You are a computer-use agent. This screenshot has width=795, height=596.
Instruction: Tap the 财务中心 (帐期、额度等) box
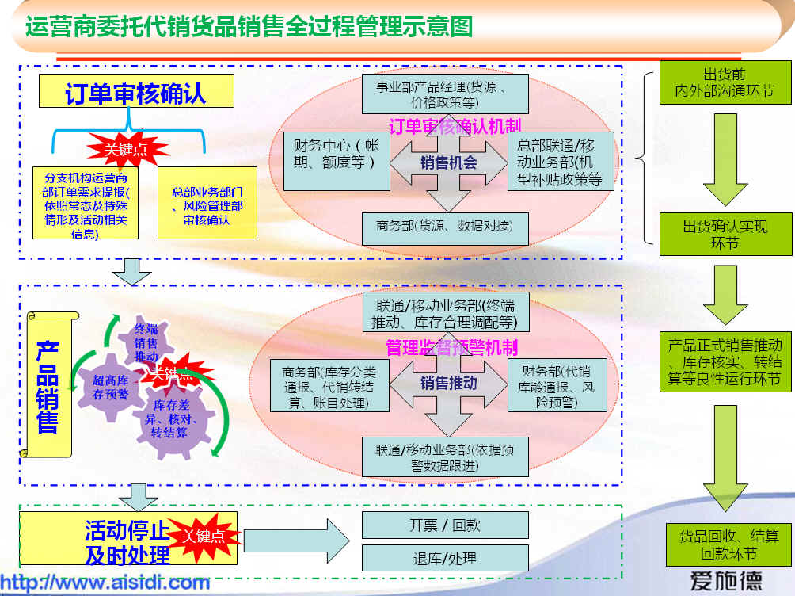click(337, 161)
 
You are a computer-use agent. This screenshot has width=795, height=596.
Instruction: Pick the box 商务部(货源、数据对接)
click(444, 226)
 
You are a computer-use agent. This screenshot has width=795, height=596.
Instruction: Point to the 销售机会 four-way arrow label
click(449, 162)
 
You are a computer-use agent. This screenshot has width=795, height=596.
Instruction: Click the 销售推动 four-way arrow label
click(449, 383)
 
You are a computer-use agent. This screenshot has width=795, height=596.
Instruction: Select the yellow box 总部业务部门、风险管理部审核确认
click(207, 202)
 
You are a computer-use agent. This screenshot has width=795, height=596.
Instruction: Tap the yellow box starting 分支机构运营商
click(86, 202)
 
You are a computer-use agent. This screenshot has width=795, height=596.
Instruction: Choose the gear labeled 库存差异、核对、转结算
click(175, 419)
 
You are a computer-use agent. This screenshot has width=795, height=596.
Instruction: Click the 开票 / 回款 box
click(444, 525)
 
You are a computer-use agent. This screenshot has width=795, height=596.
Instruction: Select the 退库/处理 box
click(444, 558)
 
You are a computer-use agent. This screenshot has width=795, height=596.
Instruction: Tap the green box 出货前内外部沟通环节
click(725, 83)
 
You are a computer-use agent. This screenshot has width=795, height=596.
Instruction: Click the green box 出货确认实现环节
click(725, 234)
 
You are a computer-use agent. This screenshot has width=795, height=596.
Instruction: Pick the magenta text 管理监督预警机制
click(451, 347)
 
